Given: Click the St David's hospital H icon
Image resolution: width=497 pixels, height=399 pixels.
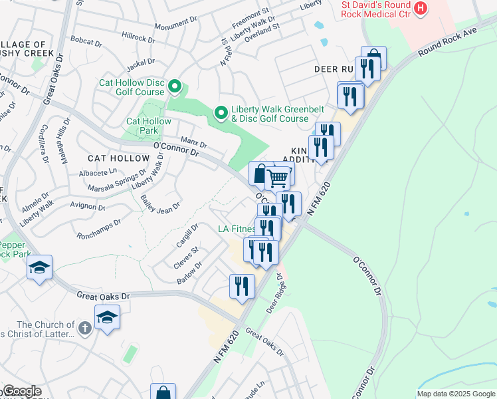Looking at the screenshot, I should click(420, 8).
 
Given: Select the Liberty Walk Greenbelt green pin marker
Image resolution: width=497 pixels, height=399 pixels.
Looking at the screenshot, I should click(222, 114).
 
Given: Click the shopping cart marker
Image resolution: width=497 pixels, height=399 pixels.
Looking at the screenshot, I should click(278, 178).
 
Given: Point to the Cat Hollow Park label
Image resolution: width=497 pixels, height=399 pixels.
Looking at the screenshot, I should click(149, 126).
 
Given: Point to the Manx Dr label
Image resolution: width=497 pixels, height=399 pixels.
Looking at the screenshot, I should click(194, 142).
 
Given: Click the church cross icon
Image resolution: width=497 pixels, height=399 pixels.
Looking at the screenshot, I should click(84, 328).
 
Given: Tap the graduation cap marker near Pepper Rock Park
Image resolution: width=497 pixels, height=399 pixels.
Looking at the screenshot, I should click(39, 268).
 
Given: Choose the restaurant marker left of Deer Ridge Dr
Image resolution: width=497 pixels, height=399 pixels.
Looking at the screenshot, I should click(242, 286).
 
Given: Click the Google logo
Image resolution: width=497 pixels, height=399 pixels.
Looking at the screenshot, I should click(21, 391).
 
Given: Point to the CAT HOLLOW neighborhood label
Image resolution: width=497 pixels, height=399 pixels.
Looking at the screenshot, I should click(119, 158).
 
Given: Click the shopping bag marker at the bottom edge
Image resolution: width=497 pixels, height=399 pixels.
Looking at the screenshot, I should click(163, 392).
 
